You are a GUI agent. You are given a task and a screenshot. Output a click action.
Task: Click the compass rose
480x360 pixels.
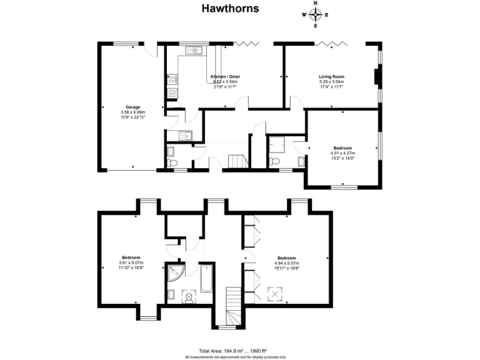coord(316,15)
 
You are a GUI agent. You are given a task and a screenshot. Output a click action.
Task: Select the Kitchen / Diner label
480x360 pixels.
coord(226,76)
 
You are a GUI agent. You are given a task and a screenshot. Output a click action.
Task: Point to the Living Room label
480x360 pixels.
coord(331,76)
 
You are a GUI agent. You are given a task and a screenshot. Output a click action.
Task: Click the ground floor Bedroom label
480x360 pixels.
coord(342,147)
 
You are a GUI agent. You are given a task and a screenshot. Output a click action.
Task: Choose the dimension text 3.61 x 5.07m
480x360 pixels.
coord(131,262)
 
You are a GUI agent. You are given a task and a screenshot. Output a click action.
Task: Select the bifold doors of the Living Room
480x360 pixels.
coord(331,42)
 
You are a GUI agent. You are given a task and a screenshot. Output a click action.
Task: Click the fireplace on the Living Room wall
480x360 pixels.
coord(374,76)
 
